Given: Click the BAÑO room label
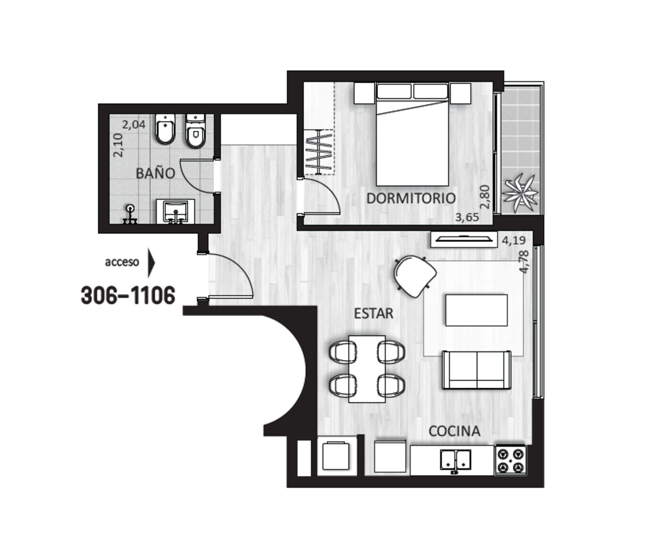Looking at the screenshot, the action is pyautogui.click(x=156, y=173).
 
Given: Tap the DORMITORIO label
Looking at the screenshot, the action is pyautogui.click(x=411, y=199).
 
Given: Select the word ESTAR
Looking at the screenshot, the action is pyautogui.click(x=374, y=313).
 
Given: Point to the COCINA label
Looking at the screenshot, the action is pyautogui.click(x=454, y=431).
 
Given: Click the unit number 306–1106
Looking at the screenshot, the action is pyautogui.click(x=128, y=295).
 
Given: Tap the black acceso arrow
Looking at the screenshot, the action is pyautogui.click(x=151, y=262).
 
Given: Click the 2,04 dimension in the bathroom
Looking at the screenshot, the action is pyautogui.click(x=133, y=125).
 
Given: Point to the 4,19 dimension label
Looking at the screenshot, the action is pyautogui.click(x=514, y=241).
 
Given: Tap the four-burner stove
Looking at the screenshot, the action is pyautogui.click(x=511, y=460).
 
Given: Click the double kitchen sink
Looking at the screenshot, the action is pyautogui.click(x=455, y=460).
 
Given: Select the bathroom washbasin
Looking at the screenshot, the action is pyautogui.click(x=176, y=211).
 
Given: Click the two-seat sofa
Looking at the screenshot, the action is pyautogui.click(x=477, y=370).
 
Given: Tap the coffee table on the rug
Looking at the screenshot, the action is pyautogui.click(x=476, y=310).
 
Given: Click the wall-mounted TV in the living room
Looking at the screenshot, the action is pyautogui.click(x=463, y=239).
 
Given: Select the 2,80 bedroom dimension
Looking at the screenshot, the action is pyautogui.click(x=485, y=197).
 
